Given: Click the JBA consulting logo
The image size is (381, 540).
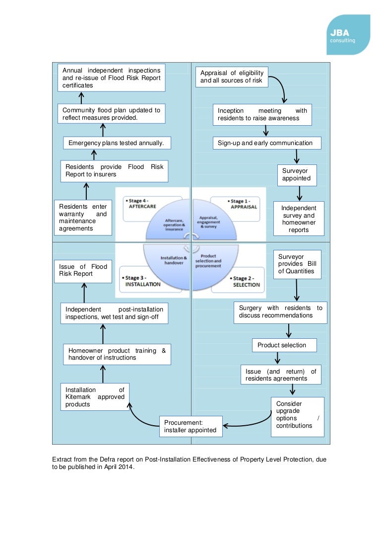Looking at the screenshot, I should (x=348, y=34).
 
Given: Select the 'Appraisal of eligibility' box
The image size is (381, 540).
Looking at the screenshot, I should (x=232, y=77).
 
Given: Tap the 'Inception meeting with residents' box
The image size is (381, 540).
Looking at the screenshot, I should (x=262, y=114).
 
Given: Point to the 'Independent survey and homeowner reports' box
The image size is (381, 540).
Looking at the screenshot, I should (x=299, y=219).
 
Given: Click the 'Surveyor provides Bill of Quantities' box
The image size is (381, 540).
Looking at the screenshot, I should (x=297, y=264).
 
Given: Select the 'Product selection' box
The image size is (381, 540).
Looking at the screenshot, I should (x=282, y=345).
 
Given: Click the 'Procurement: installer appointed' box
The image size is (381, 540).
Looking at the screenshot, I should (x=190, y=426).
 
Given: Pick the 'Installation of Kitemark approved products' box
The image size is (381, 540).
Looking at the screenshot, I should (x=95, y=397).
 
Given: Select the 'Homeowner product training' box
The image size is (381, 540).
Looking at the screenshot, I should (x=117, y=354).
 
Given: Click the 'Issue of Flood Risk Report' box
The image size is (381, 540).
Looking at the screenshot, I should (x=83, y=270).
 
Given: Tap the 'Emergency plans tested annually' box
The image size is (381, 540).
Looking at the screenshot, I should (x=116, y=143).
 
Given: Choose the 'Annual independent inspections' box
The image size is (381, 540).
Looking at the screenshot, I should (x=111, y=78).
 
